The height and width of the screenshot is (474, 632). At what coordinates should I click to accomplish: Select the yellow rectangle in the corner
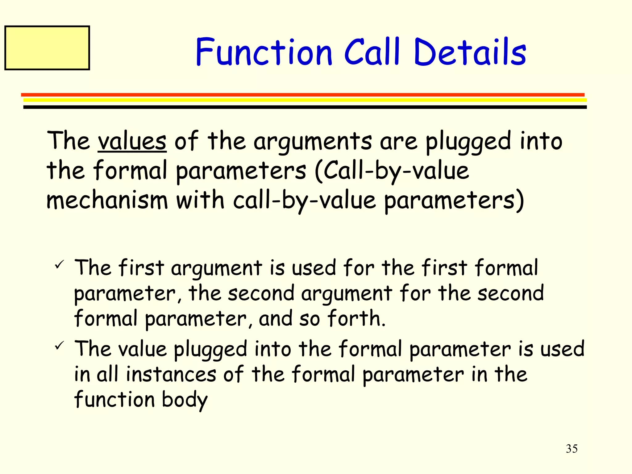click(47, 48)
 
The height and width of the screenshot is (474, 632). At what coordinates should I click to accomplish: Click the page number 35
click(572, 449)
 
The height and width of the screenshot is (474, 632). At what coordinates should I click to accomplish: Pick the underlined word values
click(132, 141)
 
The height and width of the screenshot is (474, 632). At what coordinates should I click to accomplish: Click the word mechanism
click(107, 201)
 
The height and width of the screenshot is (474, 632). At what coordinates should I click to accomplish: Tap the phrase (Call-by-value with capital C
click(392, 171)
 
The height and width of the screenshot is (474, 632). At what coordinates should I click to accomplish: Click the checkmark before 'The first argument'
click(59, 264)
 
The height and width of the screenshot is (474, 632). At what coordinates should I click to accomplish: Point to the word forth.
click(356, 318)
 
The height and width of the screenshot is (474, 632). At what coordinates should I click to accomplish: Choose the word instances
click(171, 374)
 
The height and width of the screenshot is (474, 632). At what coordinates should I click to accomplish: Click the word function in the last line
click(114, 400)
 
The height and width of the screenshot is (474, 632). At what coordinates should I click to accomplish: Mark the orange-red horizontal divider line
click(302, 95)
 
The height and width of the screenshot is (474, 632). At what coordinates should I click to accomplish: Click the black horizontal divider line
click(305, 107)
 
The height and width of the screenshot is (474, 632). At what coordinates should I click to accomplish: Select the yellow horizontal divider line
click(305, 100)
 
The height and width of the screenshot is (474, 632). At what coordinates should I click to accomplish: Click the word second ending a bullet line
click(510, 293)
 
